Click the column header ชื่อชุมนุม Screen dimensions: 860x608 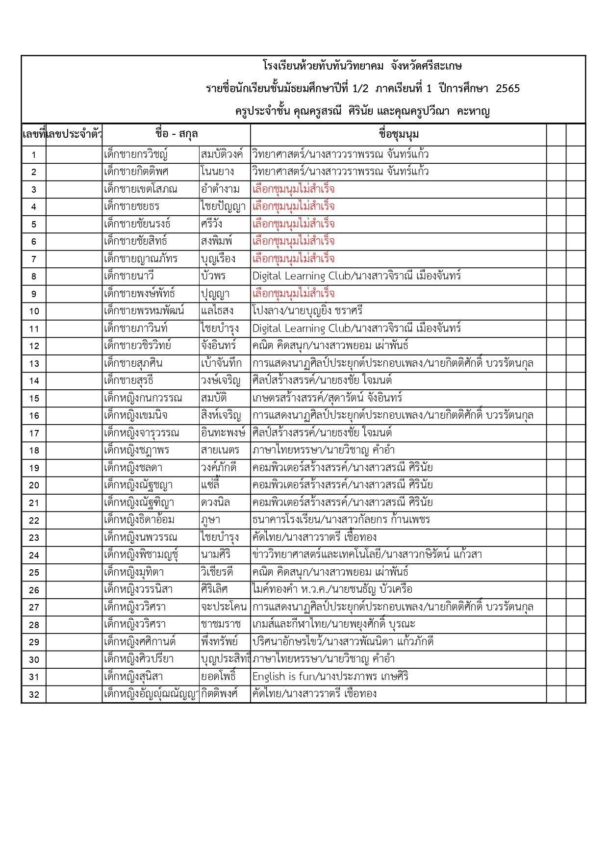point(398,134)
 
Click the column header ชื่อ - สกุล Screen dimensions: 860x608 point(176,134)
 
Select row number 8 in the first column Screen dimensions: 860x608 point(34,277)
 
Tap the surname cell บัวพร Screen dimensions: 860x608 point(213,276)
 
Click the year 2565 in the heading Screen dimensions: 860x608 point(507,89)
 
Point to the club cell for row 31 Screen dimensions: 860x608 point(330,677)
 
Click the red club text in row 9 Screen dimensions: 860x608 point(293,294)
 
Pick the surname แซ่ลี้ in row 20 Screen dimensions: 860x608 point(210,485)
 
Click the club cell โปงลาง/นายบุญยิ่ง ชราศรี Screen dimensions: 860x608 point(307,311)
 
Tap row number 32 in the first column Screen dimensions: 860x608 point(34,694)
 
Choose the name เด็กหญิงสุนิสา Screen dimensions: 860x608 point(133,677)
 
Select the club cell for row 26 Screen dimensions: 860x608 point(332,589)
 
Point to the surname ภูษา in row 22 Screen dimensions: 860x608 point(210,520)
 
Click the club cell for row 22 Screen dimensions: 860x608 point(341,520)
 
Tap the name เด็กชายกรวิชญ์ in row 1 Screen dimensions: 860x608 point(135,154)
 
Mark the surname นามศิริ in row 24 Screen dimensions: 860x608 point(216,555)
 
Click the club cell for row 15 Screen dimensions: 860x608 point(327,398)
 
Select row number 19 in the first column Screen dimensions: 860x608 point(34,468)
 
